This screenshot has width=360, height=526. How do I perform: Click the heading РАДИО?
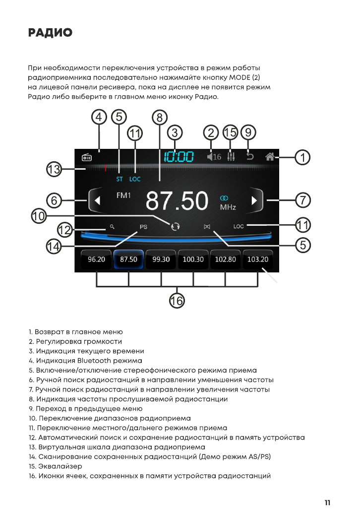51,33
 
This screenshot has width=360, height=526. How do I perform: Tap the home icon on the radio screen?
270,157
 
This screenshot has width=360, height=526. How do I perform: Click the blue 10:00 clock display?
179,157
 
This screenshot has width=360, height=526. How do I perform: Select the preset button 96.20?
96,260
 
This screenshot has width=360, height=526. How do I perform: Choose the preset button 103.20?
258,260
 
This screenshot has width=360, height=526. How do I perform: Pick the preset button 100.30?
193,260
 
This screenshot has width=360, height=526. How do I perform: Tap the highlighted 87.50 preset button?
128,260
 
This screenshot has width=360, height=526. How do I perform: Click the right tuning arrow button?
255,200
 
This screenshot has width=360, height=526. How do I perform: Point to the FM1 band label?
123,196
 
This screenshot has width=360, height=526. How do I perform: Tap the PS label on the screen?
143,227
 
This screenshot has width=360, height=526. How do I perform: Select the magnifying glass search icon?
112,227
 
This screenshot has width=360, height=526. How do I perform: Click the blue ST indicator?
120,179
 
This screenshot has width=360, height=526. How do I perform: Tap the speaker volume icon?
211,157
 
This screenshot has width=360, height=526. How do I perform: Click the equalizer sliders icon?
231,156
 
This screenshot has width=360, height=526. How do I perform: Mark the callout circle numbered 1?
302,158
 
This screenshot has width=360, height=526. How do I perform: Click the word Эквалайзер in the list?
59,466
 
